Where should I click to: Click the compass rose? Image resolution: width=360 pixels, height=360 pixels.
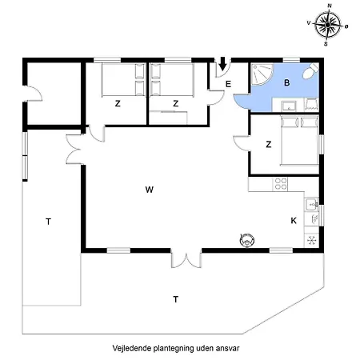[x=328, y=25]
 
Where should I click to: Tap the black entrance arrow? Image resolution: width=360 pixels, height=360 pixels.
[x=222, y=63]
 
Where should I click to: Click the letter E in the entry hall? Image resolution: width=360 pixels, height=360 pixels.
[x=228, y=84]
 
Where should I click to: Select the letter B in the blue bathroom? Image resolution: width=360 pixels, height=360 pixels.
[x=287, y=82]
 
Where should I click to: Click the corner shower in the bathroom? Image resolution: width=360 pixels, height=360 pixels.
[x=261, y=74]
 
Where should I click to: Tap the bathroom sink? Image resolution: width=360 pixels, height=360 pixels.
[x=289, y=106]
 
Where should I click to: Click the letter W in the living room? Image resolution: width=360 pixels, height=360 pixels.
[x=150, y=190]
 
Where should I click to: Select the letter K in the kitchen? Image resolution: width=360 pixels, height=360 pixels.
[x=294, y=221]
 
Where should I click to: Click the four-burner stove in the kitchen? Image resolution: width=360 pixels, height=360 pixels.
[x=281, y=184]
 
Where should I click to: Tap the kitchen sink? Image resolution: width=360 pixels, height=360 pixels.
[x=312, y=205]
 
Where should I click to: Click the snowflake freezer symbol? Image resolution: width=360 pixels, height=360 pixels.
[x=311, y=240]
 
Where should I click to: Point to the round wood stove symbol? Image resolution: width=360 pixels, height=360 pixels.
[x=247, y=240]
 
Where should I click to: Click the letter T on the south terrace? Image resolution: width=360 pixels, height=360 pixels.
[x=175, y=299]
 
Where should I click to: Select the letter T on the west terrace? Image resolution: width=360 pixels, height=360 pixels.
[x=48, y=222]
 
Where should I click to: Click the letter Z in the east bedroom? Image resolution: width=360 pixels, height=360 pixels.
[x=269, y=144]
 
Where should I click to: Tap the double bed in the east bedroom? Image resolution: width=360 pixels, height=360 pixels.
[x=299, y=141]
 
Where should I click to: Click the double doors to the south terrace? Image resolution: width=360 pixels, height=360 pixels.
[x=186, y=258]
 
